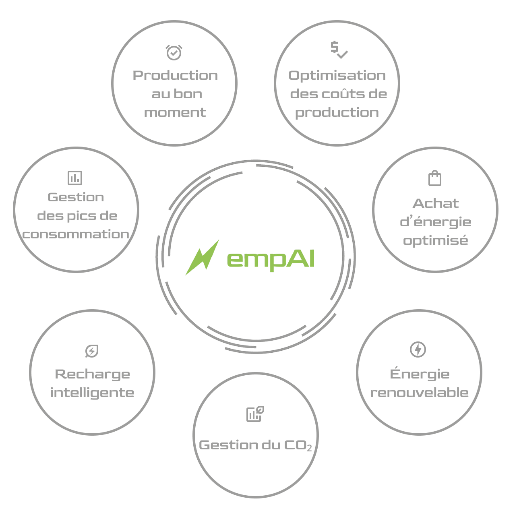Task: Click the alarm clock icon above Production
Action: coord(174,52)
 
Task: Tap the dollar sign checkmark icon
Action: coord(339,50)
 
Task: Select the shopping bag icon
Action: coord(435,178)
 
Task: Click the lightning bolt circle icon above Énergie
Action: coord(418,349)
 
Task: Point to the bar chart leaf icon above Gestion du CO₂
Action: coord(255,414)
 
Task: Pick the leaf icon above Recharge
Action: coord(92,351)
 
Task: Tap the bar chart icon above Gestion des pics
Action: coord(75,178)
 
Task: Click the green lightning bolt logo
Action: coord(203,257)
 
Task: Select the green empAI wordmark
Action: coord(271,260)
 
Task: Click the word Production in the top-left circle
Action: coord(175,75)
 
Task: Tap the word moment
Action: coord(175,112)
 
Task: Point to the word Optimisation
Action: coord(337,75)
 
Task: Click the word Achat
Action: coord(436,203)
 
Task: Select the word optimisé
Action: coord(436,241)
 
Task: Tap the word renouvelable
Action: coord(420,392)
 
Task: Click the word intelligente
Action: coord(92,393)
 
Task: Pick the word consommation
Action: coord(76,234)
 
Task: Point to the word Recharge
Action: coord(92,374)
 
